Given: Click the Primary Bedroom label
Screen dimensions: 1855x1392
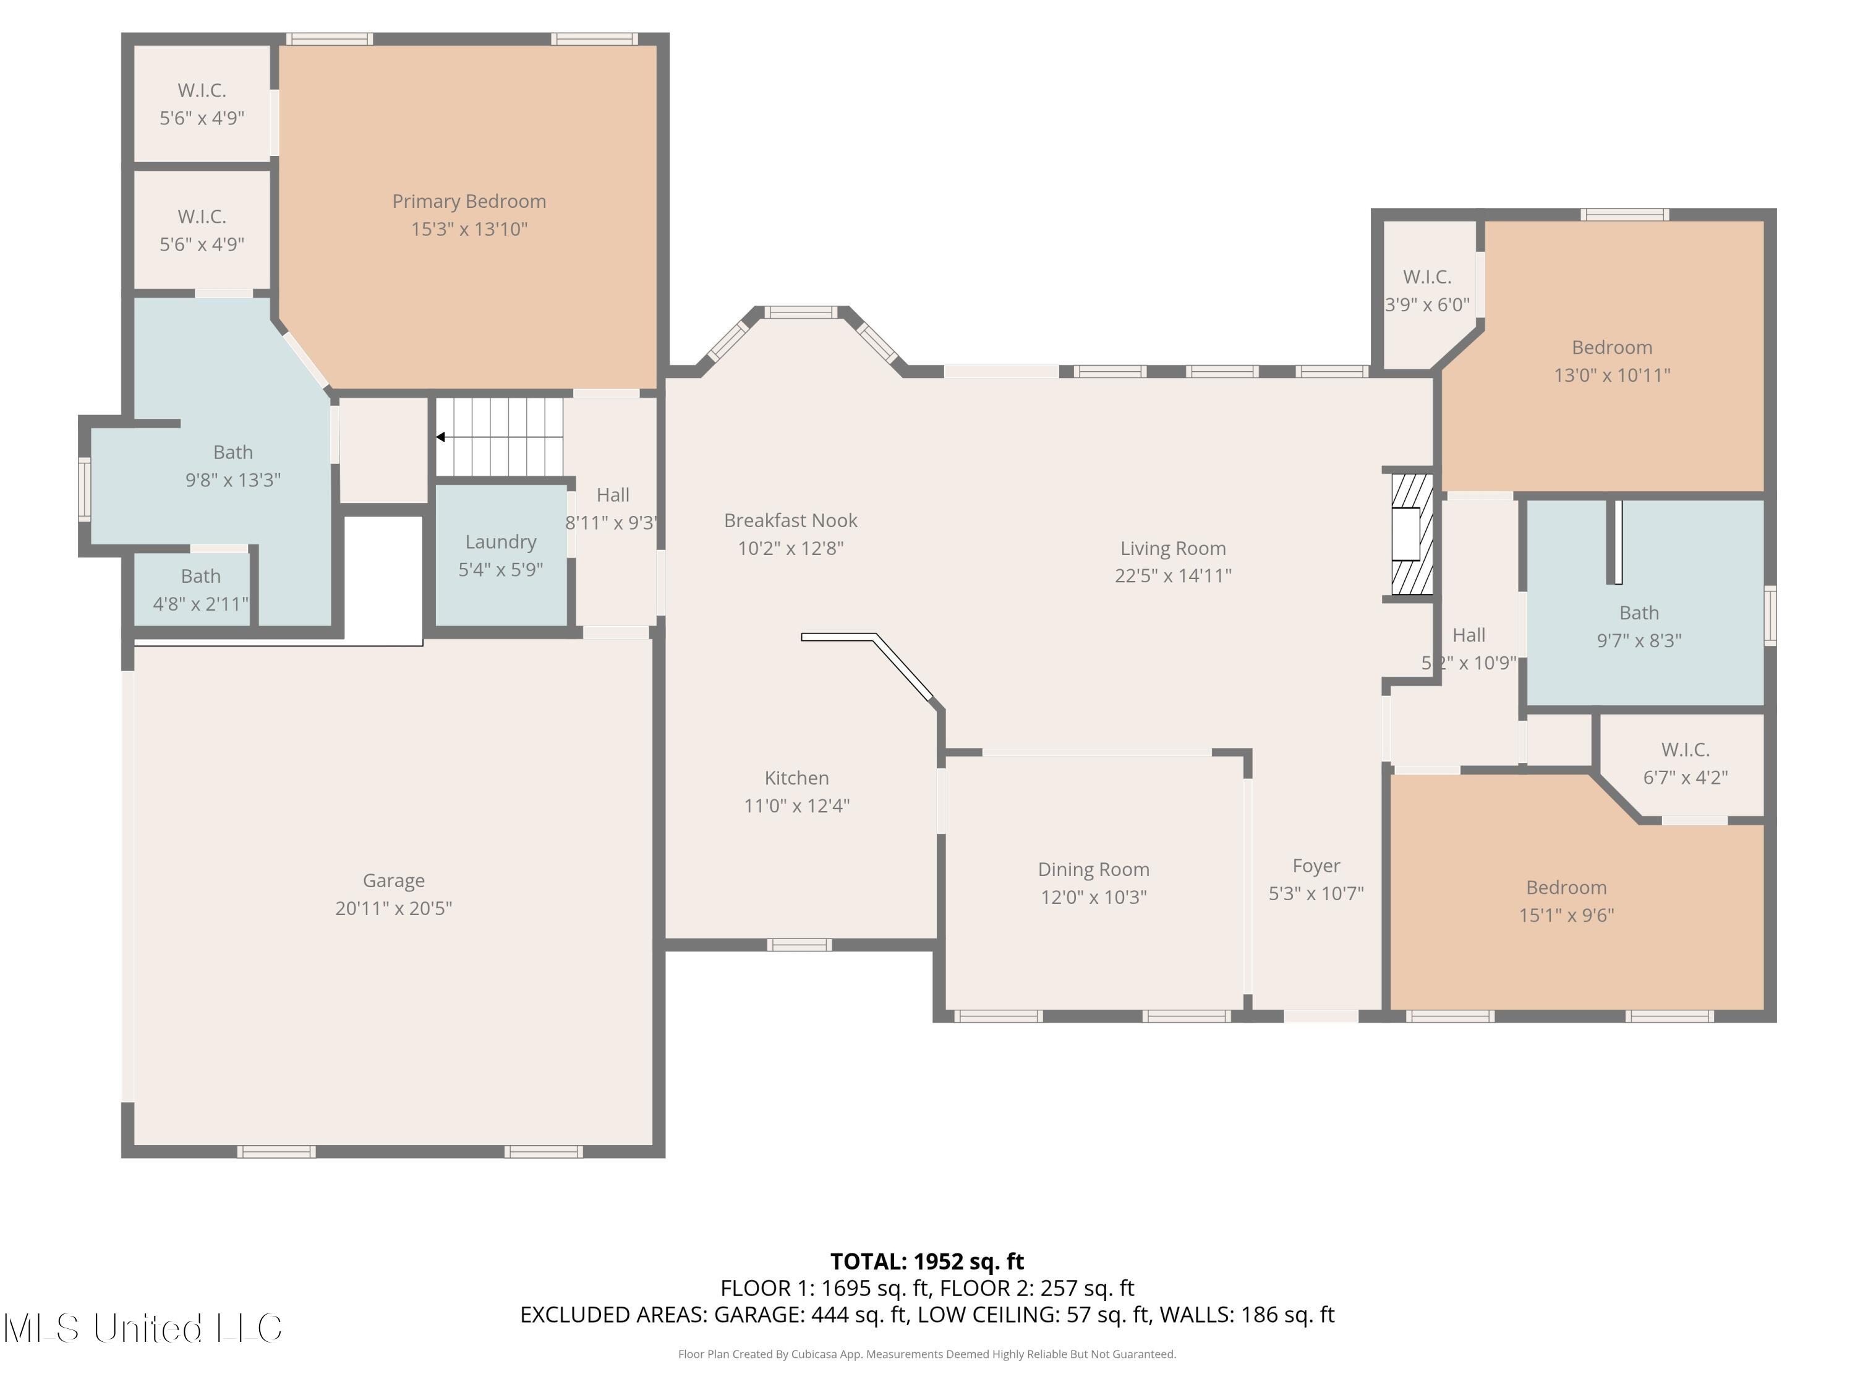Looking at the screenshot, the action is [469, 201].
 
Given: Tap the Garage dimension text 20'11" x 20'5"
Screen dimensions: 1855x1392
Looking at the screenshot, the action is [393, 908].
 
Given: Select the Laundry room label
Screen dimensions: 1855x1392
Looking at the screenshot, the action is [501, 542].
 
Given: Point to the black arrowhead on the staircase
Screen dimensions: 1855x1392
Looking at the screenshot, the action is [440, 437].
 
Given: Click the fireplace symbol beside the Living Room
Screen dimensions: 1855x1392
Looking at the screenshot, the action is [1412, 535].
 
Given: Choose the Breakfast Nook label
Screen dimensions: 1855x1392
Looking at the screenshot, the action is [791, 520].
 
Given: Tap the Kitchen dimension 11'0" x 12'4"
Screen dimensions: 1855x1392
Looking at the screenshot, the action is [796, 806].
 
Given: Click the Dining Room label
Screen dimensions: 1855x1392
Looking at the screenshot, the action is [1094, 869].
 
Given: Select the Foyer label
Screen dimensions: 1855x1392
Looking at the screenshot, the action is [1316, 866].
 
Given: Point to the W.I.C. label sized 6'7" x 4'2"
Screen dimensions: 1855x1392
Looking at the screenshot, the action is [1686, 749].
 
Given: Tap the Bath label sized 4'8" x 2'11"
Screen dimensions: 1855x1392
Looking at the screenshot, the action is [200, 577].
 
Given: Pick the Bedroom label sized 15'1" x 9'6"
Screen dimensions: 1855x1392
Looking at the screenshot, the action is [1566, 888].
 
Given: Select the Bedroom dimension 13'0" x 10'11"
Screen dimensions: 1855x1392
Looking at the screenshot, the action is [1612, 375].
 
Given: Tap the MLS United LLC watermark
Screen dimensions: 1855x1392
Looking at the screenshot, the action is [143, 1328].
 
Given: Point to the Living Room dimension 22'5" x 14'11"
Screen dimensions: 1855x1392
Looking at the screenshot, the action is [1172, 575].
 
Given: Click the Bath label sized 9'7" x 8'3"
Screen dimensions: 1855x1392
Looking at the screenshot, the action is [1639, 612].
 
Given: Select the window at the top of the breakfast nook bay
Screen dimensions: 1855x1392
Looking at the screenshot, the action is [801, 313].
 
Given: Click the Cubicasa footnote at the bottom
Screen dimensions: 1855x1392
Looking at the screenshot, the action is [927, 1354].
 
